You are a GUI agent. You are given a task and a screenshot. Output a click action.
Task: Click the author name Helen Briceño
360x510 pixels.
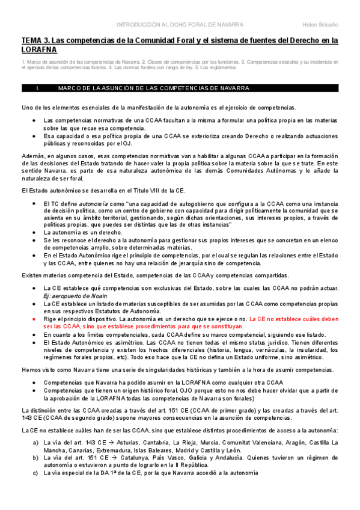click(x=320, y=25)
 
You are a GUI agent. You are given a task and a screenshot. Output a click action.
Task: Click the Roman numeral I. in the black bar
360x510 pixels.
click(x=38, y=88)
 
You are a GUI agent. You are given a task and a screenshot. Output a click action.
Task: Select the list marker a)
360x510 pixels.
click(x=37, y=442)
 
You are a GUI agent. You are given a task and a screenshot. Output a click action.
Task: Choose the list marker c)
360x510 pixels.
click(x=37, y=473)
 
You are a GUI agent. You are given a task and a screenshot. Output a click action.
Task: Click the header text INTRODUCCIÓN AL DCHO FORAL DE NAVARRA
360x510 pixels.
click(x=179, y=25)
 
